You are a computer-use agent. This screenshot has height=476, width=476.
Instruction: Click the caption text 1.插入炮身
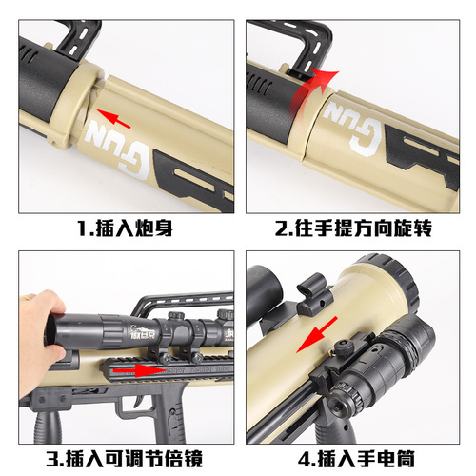click(x=119, y=228)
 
